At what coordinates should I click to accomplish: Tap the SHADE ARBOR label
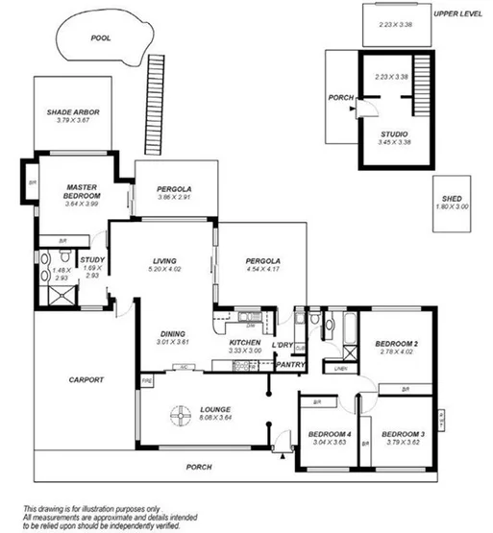(73, 112)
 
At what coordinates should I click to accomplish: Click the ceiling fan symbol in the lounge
(178, 415)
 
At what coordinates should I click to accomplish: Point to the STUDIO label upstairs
(394, 133)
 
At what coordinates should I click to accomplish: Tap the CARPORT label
(86, 379)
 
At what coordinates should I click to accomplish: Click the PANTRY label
(290, 365)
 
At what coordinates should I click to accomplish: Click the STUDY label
(92, 259)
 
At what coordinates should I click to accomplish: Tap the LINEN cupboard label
(340, 368)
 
